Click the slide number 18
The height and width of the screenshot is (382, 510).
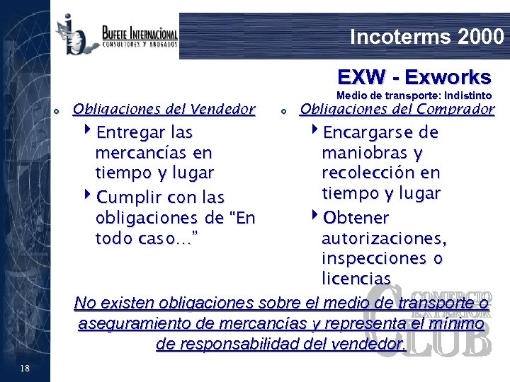[25, 367]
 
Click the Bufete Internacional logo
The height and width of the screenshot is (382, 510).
[117, 35]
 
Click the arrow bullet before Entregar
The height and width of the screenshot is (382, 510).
[87, 132]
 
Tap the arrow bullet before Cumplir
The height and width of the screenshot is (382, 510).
[87, 196]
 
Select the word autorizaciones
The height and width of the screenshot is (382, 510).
[383, 238]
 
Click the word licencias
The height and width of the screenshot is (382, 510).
[356, 278]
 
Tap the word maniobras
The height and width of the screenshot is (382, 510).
[363, 152]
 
